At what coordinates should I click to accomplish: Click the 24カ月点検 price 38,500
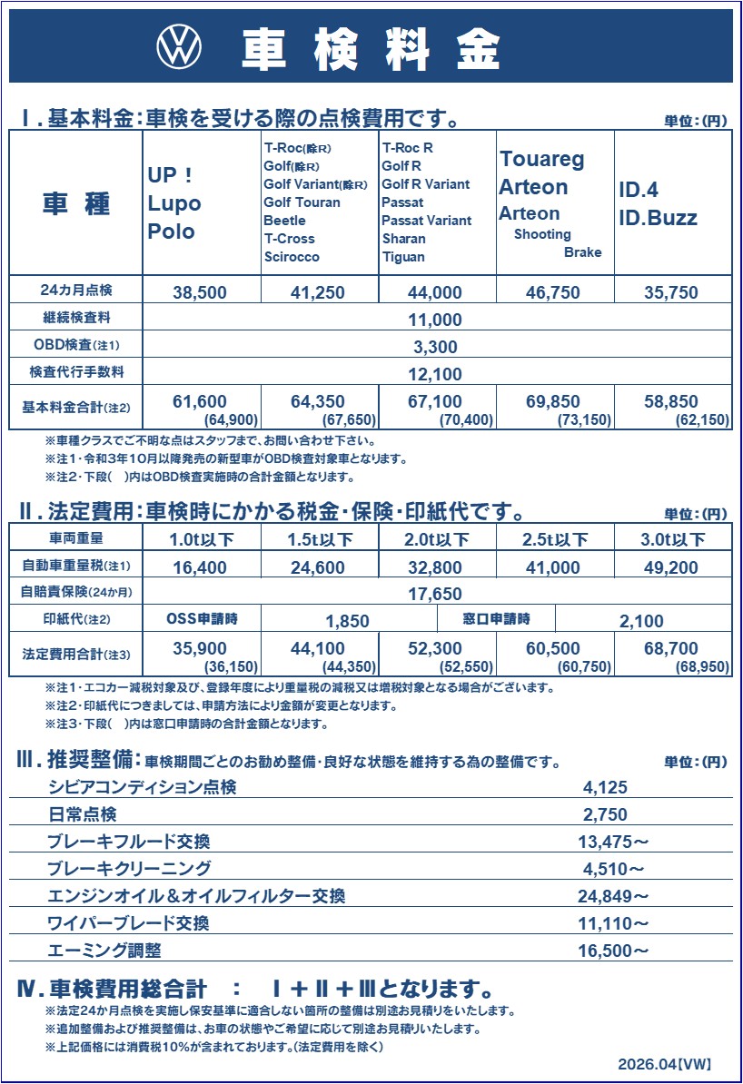coord(200,292)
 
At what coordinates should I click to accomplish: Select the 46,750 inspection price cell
coord(554,292)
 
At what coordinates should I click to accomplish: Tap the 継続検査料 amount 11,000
coord(436,320)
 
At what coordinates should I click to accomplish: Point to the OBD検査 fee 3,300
coord(436,347)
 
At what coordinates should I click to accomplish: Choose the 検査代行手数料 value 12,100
coord(436,373)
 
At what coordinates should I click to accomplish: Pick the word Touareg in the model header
coord(541,160)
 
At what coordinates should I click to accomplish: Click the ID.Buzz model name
coord(658,218)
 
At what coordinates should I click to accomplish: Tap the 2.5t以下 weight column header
coord(554,540)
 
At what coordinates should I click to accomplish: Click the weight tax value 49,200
coord(671,568)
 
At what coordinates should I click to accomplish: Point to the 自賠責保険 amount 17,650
coord(436,595)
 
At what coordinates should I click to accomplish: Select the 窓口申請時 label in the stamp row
coord(497,619)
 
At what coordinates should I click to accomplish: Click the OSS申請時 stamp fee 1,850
coord(347,622)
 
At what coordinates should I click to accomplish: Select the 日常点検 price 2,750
coord(605,814)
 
